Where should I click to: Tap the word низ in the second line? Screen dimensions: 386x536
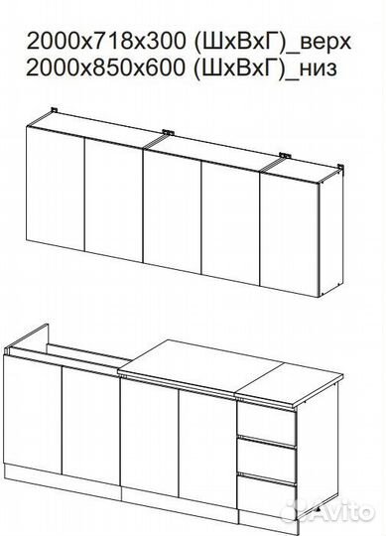tap(317, 69)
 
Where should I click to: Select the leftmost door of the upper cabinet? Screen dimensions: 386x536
tap(55, 189)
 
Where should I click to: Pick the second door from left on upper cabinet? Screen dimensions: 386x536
tap(113, 201)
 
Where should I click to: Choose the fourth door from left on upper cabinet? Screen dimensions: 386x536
tap(230, 223)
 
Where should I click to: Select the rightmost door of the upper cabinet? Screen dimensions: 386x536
tap(290, 235)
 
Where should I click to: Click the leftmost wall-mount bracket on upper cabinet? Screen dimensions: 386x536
tap(54, 110)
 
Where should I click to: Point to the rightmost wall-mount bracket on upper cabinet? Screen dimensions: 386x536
tap(340, 168)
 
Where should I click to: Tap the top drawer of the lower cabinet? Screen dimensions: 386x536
tap(267, 424)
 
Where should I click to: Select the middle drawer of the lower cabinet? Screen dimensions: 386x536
tap(267, 461)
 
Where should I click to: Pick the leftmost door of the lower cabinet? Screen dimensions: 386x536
tap(33, 414)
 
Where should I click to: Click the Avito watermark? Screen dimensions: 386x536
tap(327, 511)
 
